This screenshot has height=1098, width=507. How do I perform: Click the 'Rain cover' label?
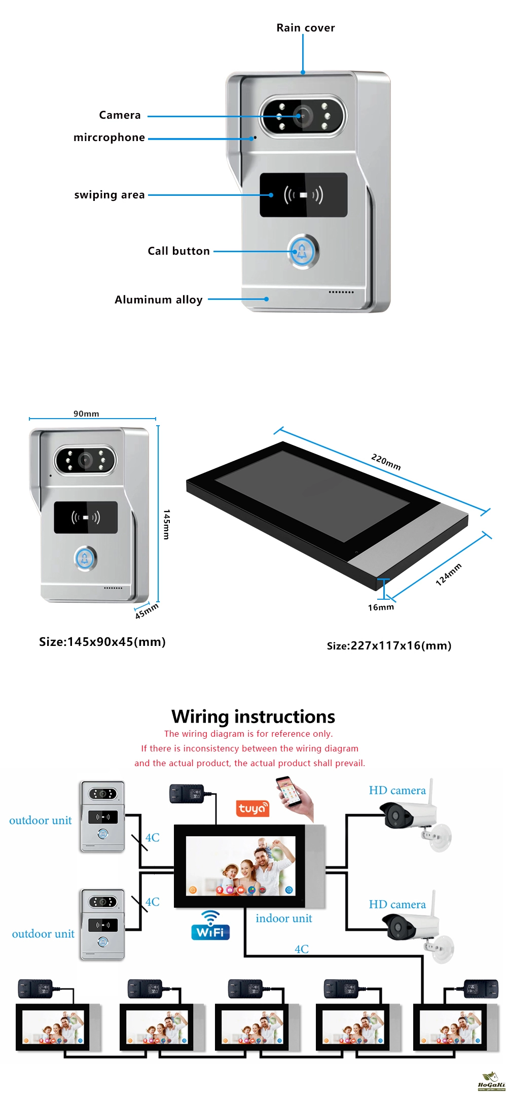coord(306,28)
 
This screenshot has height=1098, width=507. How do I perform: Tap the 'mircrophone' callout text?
coord(110,138)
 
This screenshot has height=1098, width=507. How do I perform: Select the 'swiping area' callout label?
coord(110,195)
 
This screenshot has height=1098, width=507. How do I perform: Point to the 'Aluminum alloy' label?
coord(159,299)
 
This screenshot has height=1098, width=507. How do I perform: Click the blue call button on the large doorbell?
coord(303,251)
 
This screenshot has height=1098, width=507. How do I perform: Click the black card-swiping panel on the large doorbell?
coord(304,195)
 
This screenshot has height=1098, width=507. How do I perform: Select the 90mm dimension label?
coord(86,414)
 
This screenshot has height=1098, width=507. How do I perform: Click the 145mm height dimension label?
coord(167,524)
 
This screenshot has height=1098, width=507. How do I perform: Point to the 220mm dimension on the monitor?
coord(386,462)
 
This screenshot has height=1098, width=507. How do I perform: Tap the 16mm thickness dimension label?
coord(381,607)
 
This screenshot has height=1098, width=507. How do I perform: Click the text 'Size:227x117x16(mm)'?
coord(389,645)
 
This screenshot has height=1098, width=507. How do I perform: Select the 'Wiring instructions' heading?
coord(253,716)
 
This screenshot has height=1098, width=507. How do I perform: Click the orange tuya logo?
coord(252,808)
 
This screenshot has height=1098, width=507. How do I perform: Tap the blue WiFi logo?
coord(210,925)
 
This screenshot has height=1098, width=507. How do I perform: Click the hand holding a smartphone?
coord(295,798)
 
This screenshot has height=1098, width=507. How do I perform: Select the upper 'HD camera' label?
coord(397,790)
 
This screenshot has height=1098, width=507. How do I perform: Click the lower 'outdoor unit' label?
coord(43,934)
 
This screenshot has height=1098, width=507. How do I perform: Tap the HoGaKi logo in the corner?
coord(491,1081)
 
